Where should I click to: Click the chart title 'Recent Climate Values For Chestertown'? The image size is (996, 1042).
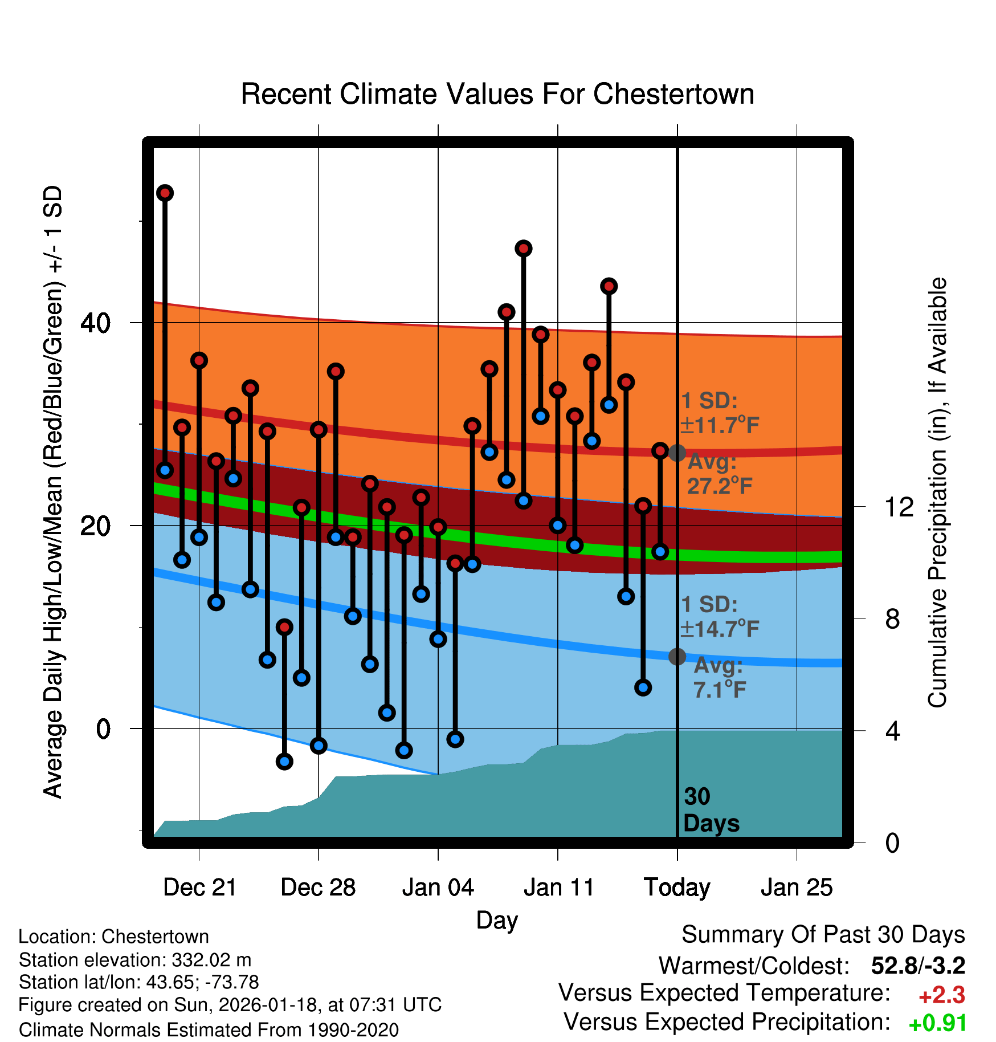(x=497, y=94)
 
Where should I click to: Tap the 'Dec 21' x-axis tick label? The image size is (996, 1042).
(x=199, y=888)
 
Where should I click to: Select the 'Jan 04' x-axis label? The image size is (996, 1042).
(x=438, y=888)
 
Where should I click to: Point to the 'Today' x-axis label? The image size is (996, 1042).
(x=677, y=888)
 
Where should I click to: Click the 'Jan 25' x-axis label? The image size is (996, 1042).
(x=797, y=888)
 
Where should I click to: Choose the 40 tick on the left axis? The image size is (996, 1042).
(x=95, y=323)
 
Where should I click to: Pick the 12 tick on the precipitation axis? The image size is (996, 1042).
(x=899, y=507)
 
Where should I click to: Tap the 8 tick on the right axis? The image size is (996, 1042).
(x=892, y=619)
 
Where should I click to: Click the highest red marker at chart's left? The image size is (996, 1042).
(x=165, y=193)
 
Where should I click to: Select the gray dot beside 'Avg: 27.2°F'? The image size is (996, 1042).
(x=677, y=453)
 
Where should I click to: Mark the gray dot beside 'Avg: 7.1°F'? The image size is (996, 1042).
(x=677, y=657)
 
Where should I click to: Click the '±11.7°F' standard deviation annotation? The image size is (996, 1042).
(x=720, y=425)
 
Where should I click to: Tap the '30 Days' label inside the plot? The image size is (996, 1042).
(x=711, y=810)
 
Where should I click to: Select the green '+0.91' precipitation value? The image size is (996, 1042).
(x=938, y=1023)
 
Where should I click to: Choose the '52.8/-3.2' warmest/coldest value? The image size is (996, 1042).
(x=918, y=966)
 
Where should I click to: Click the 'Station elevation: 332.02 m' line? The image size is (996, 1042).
(x=135, y=960)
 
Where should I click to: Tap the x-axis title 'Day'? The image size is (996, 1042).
(x=497, y=920)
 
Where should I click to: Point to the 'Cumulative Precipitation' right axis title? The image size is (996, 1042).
(x=937, y=493)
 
